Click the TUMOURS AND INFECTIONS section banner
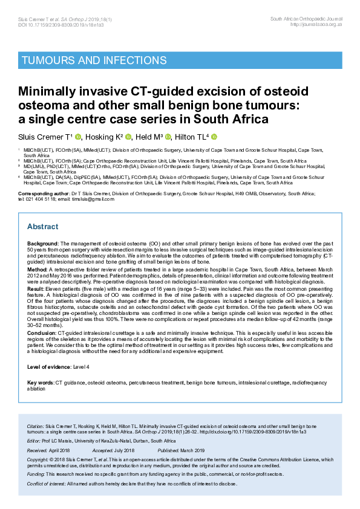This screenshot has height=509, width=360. coord(94,60)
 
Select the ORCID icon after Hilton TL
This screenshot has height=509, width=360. coord(214,137)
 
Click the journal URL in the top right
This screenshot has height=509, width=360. coord(316,24)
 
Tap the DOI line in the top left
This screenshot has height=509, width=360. coord(52,24)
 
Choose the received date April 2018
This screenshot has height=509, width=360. coord(59,450)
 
